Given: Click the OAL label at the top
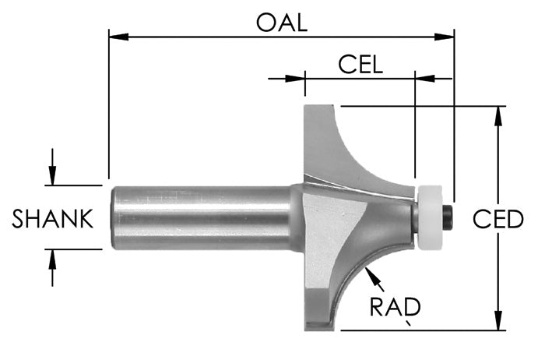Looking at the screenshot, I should [x=281, y=21].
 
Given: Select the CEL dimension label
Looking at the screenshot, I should [x=360, y=63].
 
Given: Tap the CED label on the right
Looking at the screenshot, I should [x=498, y=220].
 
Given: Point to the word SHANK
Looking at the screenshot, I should [x=53, y=220].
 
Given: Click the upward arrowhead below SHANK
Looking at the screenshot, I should [x=52, y=258].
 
